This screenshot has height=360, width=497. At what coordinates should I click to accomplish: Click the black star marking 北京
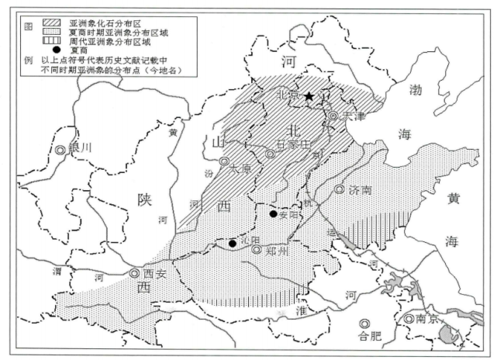pos(309,96)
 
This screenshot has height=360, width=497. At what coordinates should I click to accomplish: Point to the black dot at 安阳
pos(273,213)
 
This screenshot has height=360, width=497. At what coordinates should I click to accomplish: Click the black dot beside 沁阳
pos(232,243)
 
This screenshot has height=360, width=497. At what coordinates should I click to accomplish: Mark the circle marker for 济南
pos(340,189)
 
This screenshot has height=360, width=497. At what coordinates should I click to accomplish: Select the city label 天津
pos(354,116)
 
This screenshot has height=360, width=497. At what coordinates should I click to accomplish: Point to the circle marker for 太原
pos(224,162)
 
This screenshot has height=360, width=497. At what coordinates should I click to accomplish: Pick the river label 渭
pos(57,271)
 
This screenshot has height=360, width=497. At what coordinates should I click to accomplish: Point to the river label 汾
pos(209,171)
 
